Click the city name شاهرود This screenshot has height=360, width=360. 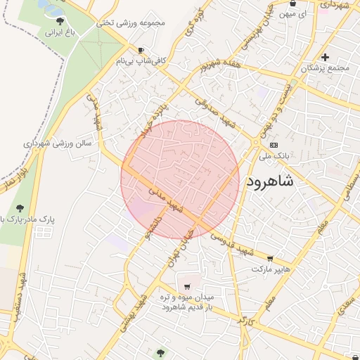coord(280,182)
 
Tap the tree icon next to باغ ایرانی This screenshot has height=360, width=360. coord(59,21)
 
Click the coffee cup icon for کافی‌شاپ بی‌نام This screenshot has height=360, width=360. coord(141,50)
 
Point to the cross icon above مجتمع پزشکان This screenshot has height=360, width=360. coord(325,57)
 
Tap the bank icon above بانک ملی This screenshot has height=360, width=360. coord(274,145)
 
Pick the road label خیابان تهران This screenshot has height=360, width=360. coord(178,247)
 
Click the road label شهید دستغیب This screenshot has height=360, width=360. coord(18,295)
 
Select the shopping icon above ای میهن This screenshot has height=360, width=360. coord(292,4)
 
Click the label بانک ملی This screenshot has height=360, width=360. coord(280,156)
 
